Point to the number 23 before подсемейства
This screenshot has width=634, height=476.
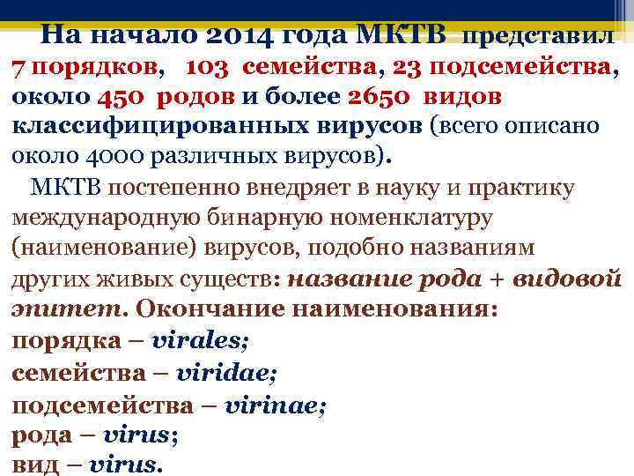(x=409, y=66)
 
